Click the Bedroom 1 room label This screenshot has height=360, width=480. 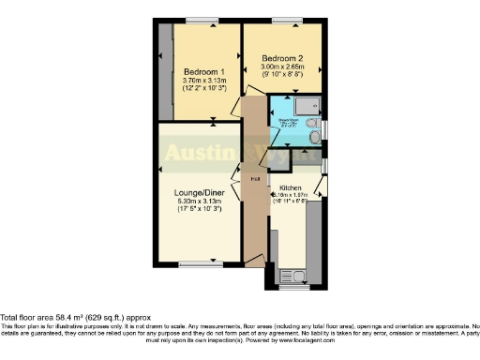203,71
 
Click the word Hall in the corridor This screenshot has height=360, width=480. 253,178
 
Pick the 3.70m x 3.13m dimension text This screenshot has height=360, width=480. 203,81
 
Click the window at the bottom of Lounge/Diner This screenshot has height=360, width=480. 194,263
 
